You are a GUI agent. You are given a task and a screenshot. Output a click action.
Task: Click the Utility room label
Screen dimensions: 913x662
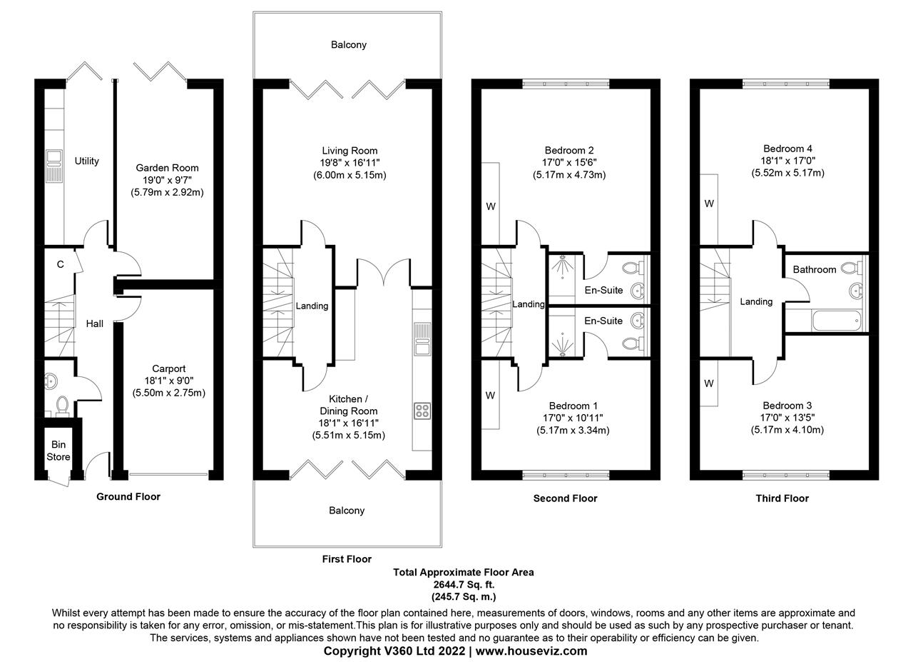point(86,161)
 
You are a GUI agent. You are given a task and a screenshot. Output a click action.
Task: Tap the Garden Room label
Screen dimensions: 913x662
point(167,168)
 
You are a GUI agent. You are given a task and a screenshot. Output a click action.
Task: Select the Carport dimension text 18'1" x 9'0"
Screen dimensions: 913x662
point(169,381)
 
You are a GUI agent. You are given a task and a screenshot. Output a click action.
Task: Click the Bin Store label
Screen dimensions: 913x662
point(58,451)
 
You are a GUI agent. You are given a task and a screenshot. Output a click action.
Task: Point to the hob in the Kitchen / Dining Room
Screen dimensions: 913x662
point(422,411)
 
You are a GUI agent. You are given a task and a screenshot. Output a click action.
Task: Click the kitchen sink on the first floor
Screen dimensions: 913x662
point(422,338)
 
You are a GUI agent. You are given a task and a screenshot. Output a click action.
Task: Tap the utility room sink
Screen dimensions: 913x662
point(53,166)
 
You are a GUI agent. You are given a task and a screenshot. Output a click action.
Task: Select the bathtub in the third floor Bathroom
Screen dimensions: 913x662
point(837,321)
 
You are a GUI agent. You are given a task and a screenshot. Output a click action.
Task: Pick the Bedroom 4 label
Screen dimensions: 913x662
point(787,149)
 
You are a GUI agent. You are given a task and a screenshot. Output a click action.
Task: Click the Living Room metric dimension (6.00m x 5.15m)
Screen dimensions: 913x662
point(350,175)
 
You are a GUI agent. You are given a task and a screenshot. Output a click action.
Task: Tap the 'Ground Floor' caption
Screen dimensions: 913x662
point(128,497)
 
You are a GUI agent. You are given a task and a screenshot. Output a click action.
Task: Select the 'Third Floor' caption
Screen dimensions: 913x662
point(782,498)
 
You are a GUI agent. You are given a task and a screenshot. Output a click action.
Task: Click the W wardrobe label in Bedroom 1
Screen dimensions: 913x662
point(490,396)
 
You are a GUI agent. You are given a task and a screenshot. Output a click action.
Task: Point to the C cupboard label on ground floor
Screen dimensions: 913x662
point(61,264)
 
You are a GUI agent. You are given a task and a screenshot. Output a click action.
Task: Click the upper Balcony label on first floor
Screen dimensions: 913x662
point(349,44)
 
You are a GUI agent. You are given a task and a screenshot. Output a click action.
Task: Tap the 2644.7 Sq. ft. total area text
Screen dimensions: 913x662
point(464,584)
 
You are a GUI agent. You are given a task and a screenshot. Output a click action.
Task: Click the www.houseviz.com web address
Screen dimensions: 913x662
point(531,651)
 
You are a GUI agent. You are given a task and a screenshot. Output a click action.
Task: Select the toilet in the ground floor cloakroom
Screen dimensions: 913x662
point(62,406)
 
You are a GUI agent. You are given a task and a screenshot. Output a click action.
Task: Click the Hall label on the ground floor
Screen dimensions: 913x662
point(95,324)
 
